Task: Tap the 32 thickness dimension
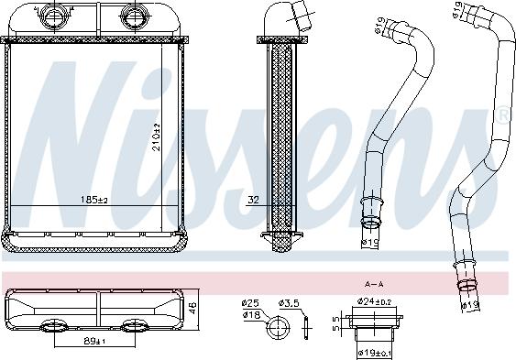[253, 198]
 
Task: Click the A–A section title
[373, 284]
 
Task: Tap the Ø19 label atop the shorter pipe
[378, 27]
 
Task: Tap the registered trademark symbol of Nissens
[502, 115]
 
